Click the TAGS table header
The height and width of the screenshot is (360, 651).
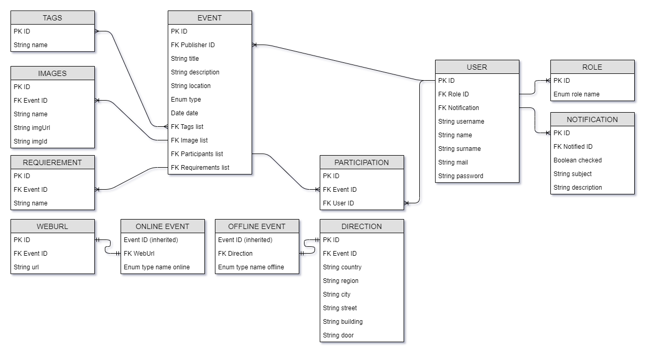[x=52, y=18]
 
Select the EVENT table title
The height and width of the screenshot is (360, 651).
[x=210, y=18]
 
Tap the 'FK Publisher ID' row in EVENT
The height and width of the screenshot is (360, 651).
[x=193, y=45]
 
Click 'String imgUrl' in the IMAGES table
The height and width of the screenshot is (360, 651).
[x=32, y=128]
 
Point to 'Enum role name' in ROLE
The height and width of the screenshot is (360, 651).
[x=577, y=94]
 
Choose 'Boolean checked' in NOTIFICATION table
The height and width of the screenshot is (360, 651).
[x=578, y=160]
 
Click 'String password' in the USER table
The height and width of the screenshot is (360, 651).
[x=461, y=176]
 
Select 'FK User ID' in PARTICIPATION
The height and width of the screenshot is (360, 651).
[x=339, y=203]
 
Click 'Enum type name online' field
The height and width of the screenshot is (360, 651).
[x=157, y=267]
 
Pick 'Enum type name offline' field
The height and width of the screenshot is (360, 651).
[x=251, y=267]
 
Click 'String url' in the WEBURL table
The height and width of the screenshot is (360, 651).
[x=26, y=267]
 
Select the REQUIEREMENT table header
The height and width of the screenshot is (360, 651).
[x=52, y=162]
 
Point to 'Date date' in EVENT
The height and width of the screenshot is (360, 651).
[x=185, y=113]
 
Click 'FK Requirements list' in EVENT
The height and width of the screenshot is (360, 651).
[x=200, y=168]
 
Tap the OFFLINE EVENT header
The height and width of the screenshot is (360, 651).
[x=257, y=226]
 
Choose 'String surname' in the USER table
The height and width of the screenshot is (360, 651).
[x=460, y=149]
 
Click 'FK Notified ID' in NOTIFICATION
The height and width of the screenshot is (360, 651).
[x=573, y=147]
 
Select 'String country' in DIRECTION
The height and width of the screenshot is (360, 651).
[x=342, y=267]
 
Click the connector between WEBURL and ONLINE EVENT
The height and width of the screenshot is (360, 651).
[x=108, y=247]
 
